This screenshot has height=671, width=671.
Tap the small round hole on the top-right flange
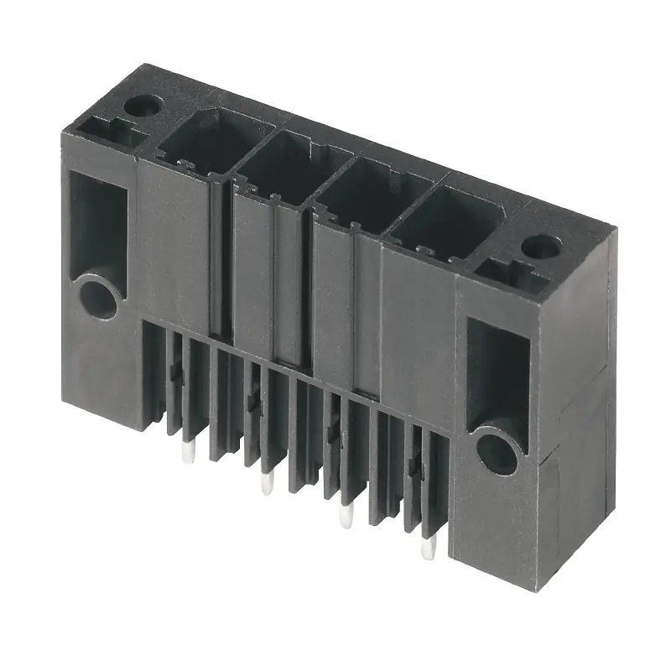(541, 246)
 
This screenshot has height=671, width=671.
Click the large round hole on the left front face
(98, 298)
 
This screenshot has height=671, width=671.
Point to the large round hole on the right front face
(497, 450)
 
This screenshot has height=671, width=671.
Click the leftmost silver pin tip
(189, 454)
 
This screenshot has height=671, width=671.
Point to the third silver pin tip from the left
(345, 516)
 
